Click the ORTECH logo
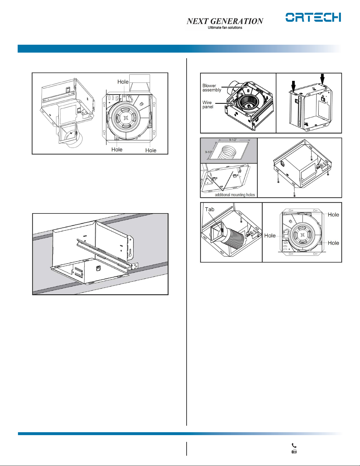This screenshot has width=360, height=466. (x=313, y=17)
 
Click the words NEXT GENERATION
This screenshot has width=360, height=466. (x=225, y=21)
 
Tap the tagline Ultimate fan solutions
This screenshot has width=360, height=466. (x=225, y=28)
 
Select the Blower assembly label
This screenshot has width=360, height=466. (x=212, y=88)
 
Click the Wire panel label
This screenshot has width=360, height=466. (x=208, y=105)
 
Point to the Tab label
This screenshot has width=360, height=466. (x=210, y=209)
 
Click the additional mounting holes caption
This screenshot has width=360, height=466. (x=235, y=195)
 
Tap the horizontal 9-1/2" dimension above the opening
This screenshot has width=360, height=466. (x=233, y=140)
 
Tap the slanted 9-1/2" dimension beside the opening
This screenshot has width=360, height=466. (x=208, y=152)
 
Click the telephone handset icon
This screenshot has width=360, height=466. (x=294, y=445)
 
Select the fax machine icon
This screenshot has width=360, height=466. (x=294, y=451)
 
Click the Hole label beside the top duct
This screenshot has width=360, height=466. (x=123, y=82)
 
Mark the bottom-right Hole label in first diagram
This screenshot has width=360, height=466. (x=151, y=150)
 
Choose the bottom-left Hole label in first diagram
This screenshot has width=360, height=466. (x=117, y=149)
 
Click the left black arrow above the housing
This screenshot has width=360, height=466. (x=294, y=86)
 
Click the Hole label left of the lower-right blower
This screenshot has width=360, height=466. (x=270, y=235)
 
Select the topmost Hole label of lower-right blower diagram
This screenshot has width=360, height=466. (x=333, y=215)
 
